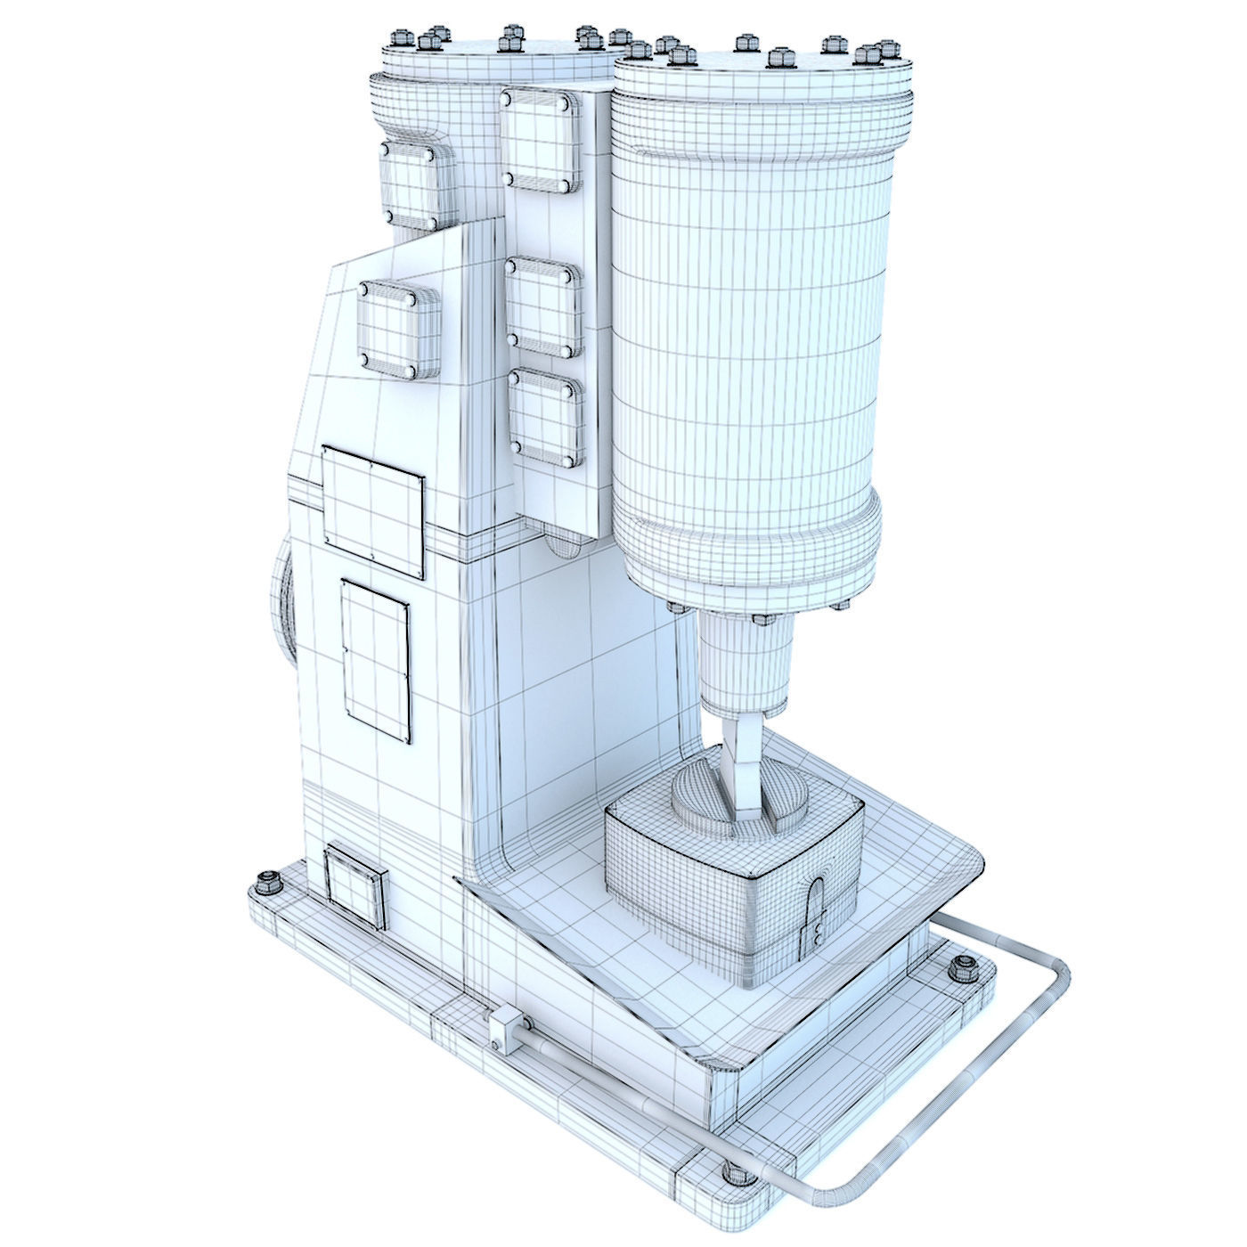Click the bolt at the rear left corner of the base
click(265, 884)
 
